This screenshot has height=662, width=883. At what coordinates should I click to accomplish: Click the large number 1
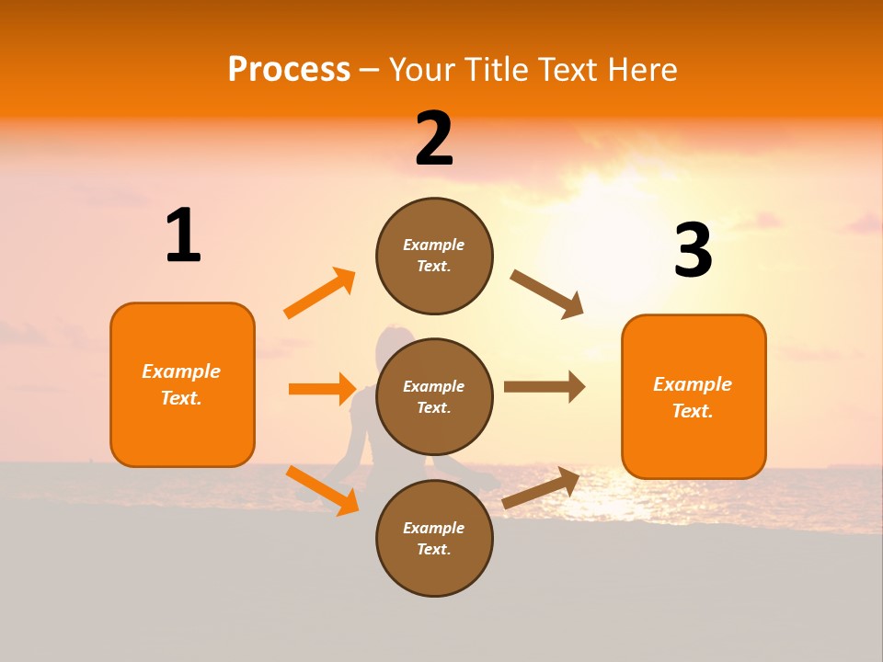183,236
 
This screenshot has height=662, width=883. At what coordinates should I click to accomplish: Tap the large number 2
434,139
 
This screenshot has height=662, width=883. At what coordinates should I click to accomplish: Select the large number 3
693,250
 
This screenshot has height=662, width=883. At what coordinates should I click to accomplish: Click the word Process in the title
289,69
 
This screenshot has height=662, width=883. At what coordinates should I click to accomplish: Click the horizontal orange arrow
322,389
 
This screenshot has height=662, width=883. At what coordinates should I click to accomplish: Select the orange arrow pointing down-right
323,490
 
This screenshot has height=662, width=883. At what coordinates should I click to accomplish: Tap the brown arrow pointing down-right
547,294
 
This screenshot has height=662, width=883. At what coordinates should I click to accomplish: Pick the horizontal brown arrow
545,387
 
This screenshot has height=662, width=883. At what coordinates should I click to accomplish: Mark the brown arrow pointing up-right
542,487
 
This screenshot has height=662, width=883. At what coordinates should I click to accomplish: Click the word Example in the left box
181,371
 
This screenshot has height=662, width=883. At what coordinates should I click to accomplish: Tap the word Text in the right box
692,411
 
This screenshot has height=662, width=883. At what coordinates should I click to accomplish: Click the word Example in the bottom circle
434,528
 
